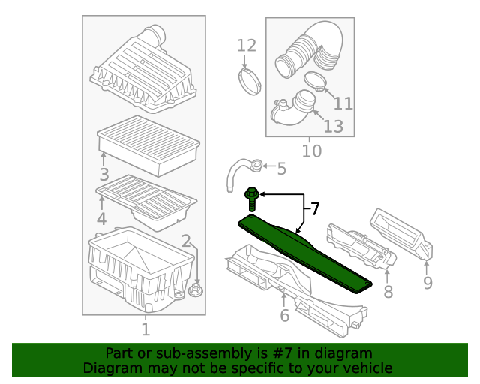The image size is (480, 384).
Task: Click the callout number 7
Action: pos(315,208)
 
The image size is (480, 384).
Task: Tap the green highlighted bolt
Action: pos(252,199)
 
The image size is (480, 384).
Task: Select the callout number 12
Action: pos(247,46)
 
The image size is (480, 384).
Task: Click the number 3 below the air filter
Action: pos(104,175)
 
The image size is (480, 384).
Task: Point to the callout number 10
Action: pos(312,151)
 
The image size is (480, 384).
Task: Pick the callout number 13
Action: pos(333,126)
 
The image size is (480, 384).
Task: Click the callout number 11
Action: pos(343,103)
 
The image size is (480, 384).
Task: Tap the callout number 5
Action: pos(282,169)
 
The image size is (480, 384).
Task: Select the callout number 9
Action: pos(427,282)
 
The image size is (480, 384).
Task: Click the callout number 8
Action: pos(388,291)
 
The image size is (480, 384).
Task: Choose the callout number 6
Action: pos(285,316)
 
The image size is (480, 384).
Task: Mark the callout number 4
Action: pos(102,219)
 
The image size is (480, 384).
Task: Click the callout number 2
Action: pos(186,241)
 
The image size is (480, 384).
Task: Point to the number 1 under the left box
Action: pos(145,329)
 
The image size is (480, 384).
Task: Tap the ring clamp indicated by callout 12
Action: pos(250,82)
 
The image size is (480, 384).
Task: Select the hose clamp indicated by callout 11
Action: pos(315,81)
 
